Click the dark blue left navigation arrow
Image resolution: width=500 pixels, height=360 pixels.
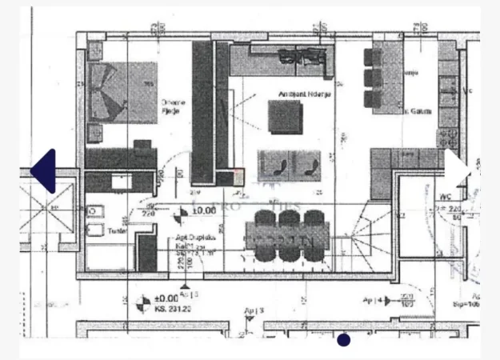44,170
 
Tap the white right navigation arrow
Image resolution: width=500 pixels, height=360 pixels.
458,170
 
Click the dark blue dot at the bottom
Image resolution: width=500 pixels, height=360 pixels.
343,340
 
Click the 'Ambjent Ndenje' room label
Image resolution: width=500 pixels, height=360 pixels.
294,94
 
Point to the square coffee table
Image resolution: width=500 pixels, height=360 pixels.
284,118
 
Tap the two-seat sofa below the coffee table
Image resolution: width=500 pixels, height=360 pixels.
289,163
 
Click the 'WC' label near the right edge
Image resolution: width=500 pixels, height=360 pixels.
446,194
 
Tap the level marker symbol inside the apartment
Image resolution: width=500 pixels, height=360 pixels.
181,212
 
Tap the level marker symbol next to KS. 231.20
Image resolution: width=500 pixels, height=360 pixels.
142,302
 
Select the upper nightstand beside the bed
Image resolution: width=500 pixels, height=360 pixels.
94,50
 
